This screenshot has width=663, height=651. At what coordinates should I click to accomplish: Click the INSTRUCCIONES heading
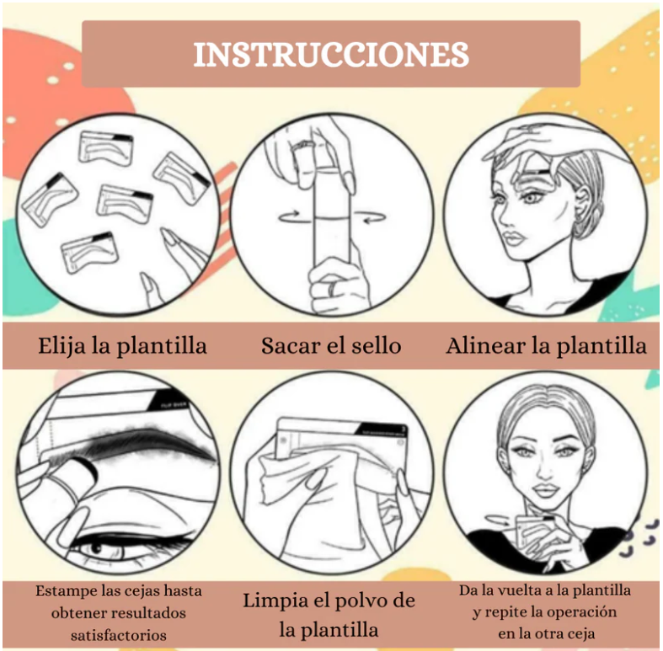331,55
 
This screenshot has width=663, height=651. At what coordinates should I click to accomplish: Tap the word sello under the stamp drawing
377,346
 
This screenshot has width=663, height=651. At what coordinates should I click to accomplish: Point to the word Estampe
63,591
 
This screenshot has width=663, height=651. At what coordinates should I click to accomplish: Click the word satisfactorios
119,635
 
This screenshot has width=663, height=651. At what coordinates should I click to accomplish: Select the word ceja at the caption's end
582,634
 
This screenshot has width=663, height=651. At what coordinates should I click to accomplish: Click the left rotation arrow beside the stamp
289,216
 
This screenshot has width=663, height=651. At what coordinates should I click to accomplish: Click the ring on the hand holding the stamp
332,289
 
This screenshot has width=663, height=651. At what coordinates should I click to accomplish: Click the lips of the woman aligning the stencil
513,240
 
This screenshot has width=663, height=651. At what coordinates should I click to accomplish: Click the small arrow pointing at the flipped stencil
498,520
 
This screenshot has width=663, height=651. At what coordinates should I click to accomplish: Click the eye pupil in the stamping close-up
96,550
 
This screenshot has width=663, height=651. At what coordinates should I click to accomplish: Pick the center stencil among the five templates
125,204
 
